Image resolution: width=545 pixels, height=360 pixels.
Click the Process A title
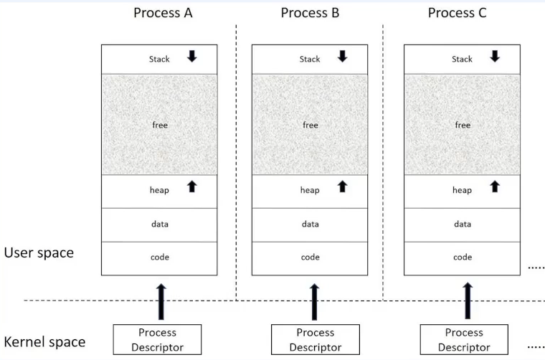pos(163,13)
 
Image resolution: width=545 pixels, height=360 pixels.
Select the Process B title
pos(310,13)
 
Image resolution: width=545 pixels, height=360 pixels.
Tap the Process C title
pos(461,13)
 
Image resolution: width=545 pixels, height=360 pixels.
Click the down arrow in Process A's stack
pos(192,56)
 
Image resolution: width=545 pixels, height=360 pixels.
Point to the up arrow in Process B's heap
pos(342,186)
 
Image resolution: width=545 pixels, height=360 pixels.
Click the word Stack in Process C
pos(463,59)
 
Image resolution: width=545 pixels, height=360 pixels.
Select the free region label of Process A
pos(159,125)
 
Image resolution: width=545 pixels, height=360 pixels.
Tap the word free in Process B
pos(310,125)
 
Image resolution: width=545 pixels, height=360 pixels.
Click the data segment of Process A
pos(159,224)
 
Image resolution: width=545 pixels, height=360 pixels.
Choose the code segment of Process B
pos(310,257)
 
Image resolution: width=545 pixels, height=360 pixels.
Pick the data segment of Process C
pos(463,224)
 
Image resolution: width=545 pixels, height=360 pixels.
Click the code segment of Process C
pos(463,257)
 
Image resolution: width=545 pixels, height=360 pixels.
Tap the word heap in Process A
pos(159,190)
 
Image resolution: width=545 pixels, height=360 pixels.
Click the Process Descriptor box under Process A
pos(157,340)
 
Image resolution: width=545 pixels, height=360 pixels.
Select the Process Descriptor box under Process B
pos(315,340)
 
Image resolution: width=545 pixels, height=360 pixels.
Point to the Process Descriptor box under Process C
pos(463,340)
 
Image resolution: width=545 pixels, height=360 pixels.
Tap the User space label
pos(39,252)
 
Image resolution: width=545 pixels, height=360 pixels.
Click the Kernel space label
pos(44,342)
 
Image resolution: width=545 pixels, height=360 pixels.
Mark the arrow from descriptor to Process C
pos(468,301)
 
